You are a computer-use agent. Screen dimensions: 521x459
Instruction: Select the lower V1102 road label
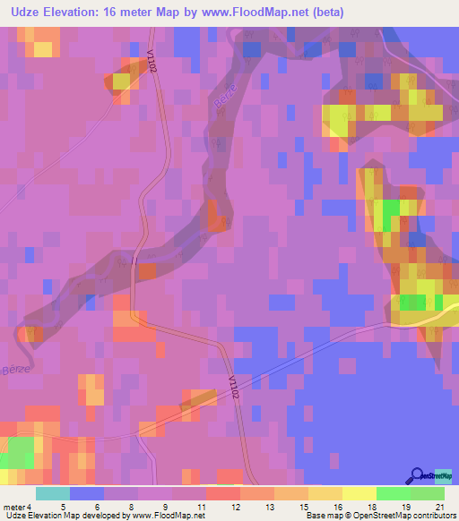[234, 388]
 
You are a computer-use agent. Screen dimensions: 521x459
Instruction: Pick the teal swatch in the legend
[53, 493]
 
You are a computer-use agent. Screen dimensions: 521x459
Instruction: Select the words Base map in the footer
[322, 516]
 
